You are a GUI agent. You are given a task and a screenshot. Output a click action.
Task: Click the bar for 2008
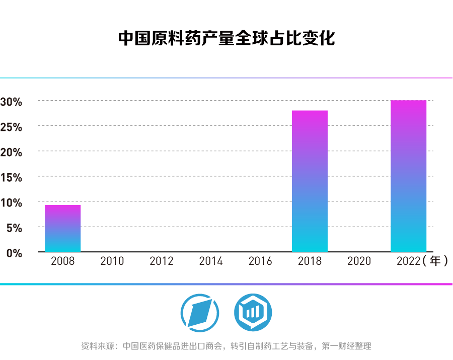[x=62, y=228]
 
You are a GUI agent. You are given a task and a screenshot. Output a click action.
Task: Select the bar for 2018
[x=310, y=181]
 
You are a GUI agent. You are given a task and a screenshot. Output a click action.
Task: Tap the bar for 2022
[x=408, y=176]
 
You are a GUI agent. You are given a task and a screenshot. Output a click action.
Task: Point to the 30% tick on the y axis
[x=11, y=102]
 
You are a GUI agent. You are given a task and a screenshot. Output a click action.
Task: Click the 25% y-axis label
[x=11, y=127]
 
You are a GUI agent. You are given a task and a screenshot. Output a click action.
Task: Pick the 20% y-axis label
[x=11, y=152]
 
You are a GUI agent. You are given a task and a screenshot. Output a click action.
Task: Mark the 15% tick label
[x=11, y=177]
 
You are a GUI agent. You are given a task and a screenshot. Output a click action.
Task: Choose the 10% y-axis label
[x=11, y=202]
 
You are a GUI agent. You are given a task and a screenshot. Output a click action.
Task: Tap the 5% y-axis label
[x=14, y=228]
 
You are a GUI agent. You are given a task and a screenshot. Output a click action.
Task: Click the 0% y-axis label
[x=14, y=253]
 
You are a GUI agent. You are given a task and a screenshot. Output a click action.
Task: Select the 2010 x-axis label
[x=112, y=261]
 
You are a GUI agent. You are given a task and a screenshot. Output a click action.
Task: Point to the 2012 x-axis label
[x=162, y=261]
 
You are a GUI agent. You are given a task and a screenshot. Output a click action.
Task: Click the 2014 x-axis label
[x=211, y=261]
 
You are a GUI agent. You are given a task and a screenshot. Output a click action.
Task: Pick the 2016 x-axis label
[x=260, y=261]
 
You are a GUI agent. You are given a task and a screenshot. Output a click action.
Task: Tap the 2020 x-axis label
[x=359, y=261]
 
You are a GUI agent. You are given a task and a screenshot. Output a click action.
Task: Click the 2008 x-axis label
[x=63, y=261]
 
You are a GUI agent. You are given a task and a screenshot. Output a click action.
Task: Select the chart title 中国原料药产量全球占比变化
[x=226, y=38]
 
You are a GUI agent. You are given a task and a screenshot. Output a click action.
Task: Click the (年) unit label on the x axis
[x=435, y=261]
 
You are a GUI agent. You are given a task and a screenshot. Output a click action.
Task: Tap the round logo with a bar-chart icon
[x=253, y=313]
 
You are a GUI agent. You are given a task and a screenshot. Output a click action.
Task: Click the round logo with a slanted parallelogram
[x=200, y=313]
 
